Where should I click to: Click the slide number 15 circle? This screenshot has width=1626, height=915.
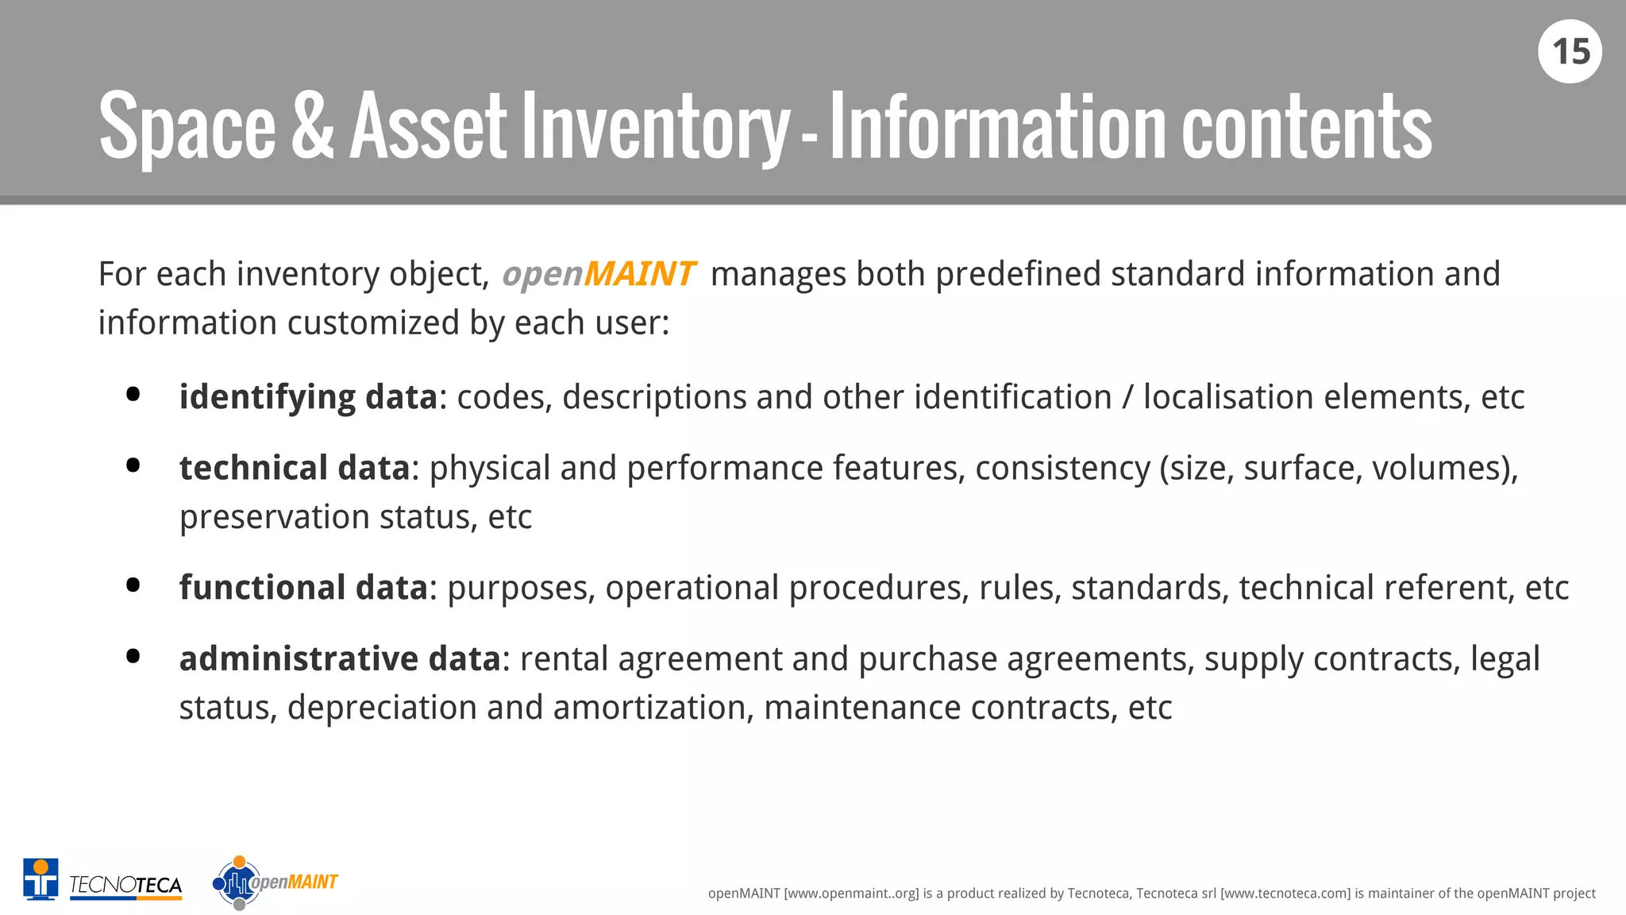(x=1570, y=52)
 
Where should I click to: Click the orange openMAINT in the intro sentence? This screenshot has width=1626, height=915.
(x=599, y=275)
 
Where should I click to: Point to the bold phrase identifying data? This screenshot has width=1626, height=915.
(x=308, y=398)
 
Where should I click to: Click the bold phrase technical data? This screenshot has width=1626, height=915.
(x=294, y=469)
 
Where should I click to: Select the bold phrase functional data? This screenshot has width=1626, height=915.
(x=303, y=589)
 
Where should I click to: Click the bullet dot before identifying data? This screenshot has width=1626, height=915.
(x=133, y=395)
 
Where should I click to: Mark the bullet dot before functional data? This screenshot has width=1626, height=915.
(x=133, y=585)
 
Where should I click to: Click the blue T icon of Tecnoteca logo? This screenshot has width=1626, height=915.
(x=40, y=879)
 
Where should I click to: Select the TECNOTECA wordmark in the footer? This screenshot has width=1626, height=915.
(x=125, y=885)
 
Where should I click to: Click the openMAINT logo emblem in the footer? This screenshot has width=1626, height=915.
(x=237, y=882)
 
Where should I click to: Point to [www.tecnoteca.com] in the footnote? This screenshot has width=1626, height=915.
(x=1285, y=894)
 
